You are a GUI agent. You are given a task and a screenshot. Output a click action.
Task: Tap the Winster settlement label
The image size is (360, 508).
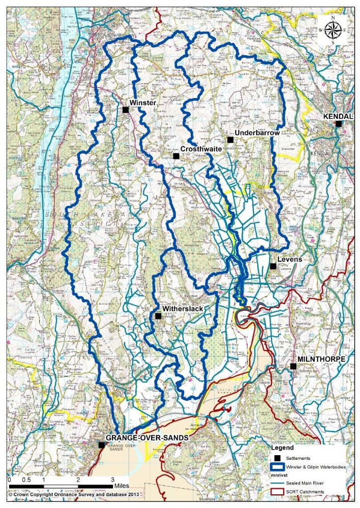click(142, 102)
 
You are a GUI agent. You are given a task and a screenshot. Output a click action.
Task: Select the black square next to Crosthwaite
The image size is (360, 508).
click(175, 156)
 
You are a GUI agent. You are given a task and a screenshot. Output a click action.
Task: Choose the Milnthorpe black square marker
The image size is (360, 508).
click(293, 366)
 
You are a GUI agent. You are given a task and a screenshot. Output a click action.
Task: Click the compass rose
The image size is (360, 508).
click(334, 30)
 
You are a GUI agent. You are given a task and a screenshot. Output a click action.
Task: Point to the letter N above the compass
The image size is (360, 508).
click(334, 18)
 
